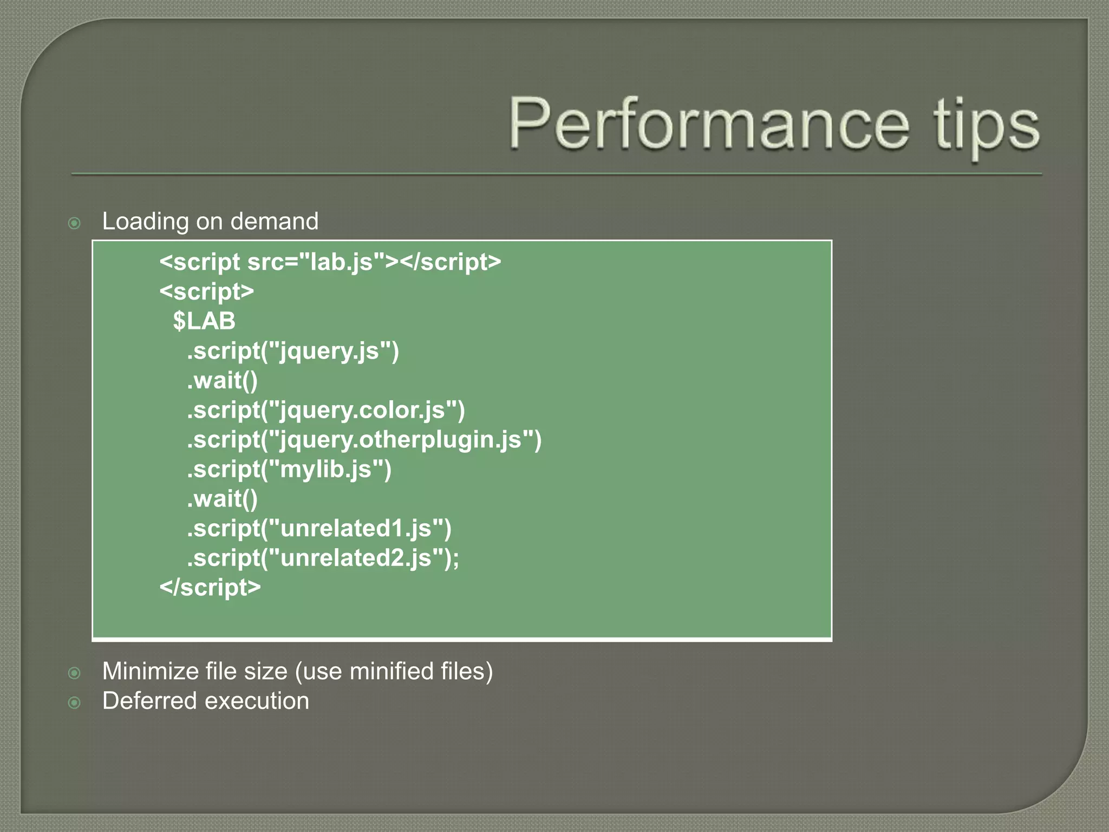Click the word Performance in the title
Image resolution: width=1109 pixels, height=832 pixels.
(709, 124)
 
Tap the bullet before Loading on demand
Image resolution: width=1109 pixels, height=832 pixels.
(75, 223)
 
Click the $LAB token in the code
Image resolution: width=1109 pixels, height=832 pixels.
(204, 321)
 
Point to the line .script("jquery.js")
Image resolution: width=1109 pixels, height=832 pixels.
(292, 351)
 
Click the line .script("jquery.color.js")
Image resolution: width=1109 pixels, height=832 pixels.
(325, 410)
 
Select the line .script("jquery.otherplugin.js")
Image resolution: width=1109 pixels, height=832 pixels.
(364, 439)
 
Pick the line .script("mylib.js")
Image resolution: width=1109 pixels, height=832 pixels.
(289, 469)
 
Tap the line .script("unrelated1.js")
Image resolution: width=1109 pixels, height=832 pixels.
(319, 528)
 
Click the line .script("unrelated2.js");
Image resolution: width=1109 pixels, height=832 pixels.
(323, 558)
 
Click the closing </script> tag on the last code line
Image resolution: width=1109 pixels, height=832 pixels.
(210, 587)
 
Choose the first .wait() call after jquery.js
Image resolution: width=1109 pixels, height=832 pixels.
(222, 380)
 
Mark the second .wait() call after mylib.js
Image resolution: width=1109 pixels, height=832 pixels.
(222, 499)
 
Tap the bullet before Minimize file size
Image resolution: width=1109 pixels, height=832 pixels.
(75, 673)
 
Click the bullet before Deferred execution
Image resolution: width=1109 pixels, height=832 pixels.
(75, 703)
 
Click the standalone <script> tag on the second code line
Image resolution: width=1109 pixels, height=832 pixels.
(206, 292)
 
